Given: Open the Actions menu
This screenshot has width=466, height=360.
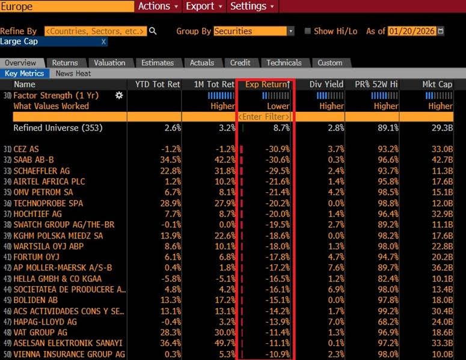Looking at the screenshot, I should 158,6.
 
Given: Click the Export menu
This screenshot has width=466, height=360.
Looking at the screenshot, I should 204,6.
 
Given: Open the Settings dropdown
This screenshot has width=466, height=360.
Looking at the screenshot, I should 252,6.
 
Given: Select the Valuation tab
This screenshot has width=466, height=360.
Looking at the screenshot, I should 109,63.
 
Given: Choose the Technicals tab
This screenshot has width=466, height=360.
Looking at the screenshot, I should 284,63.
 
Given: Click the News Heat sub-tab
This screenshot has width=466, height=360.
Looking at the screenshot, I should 73,73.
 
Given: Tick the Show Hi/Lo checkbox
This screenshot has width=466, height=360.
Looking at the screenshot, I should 308,31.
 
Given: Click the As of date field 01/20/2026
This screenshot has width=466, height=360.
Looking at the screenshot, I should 412,31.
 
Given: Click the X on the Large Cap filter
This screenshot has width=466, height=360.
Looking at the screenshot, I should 103,41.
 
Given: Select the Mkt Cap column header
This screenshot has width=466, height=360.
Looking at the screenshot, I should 437,84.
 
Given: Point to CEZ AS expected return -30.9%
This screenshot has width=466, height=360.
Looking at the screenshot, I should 277,149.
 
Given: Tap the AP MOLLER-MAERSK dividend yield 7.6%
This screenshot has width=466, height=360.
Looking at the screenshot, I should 334,268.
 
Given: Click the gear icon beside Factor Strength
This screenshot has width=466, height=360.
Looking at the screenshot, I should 119,96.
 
